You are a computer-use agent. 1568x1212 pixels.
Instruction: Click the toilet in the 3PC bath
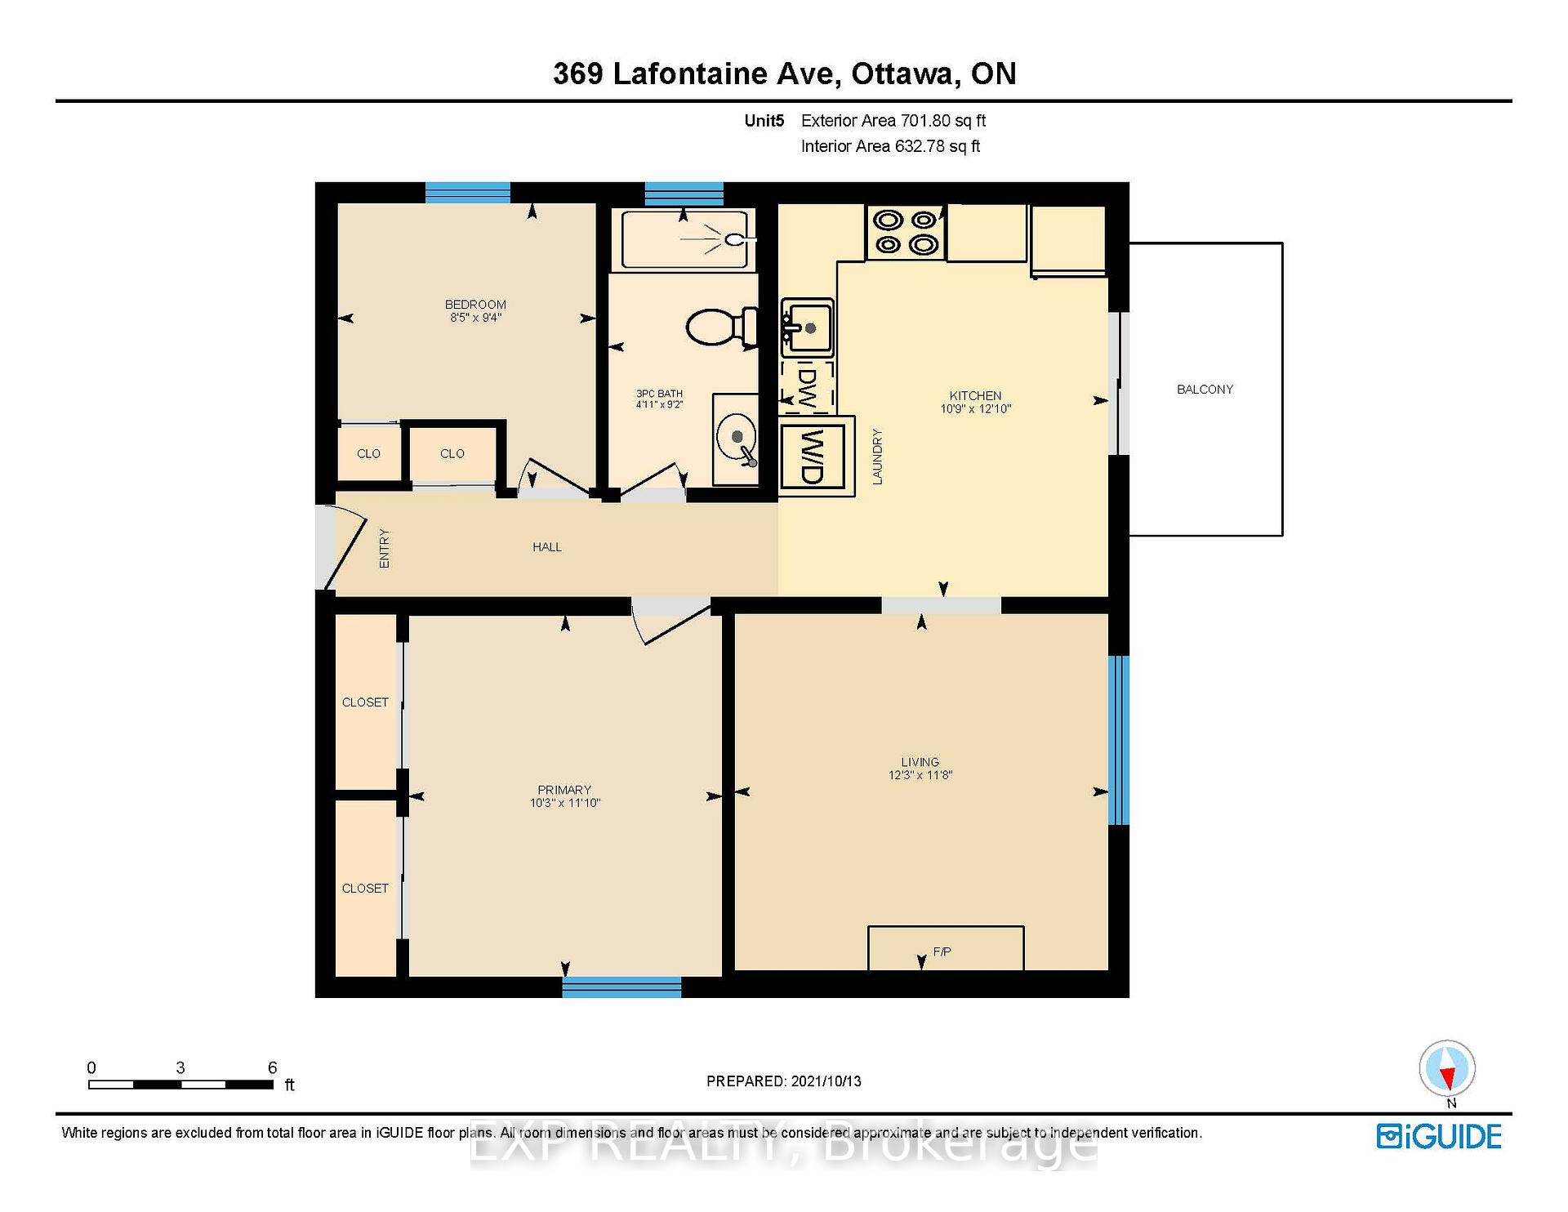tap(722, 327)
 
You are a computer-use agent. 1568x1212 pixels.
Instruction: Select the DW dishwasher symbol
tap(807, 386)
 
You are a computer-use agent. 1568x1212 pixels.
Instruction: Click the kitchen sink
tap(807, 328)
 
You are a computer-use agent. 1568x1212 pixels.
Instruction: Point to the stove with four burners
tap(906, 233)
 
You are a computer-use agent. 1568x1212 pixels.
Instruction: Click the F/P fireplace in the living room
tap(946, 948)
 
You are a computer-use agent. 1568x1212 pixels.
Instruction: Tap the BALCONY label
tap(1205, 390)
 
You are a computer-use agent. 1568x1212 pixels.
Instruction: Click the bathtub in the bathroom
tap(684, 239)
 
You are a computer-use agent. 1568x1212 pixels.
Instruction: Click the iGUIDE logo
tap(1439, 1137)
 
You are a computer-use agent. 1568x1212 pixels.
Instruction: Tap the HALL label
tap(547, 547)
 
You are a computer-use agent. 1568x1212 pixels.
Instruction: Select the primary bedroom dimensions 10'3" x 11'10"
tap(565, 804)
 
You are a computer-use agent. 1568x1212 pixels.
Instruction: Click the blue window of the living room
tap(1119, 740)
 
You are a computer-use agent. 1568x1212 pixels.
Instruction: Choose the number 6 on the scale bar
tap(273, 1067)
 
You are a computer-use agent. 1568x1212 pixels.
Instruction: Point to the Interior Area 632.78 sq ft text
tap(890, 146)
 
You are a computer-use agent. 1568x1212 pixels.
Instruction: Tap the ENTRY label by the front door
tap(384, 548)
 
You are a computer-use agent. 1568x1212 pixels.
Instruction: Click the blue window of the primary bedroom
tap(621, 987)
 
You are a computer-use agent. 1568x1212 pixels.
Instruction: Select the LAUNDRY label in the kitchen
tap(878, 457)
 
